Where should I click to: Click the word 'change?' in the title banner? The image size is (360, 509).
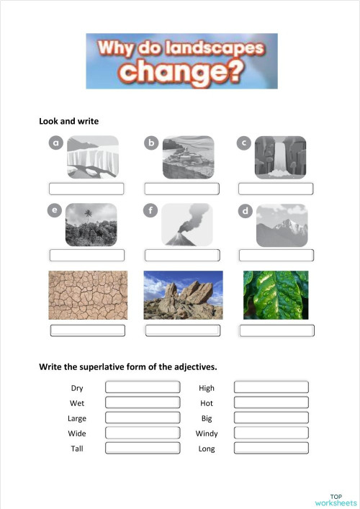[181, 71]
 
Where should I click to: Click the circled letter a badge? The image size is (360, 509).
[56, 143]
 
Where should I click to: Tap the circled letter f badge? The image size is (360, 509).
[150, 211]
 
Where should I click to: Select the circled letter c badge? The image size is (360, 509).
[244, 143]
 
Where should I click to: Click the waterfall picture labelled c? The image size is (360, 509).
[280, 158]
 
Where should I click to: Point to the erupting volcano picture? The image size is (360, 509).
[187, 225]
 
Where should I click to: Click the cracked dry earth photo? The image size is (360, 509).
[87, 295]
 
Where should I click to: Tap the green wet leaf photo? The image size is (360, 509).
[276, 295]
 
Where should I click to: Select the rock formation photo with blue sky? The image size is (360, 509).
[183, 295]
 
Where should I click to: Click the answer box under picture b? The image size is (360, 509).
[181, 189]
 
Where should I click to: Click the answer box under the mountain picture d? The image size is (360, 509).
[276, 255]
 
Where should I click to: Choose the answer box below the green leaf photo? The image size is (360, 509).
[276, 330]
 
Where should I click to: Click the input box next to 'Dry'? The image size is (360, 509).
[143, 387]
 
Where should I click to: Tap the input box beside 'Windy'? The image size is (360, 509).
[271, 433]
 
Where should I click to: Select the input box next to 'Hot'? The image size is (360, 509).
[271, 402]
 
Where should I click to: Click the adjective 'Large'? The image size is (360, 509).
[77, 418]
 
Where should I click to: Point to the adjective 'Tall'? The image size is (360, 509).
[77, 449]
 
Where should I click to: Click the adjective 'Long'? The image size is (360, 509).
[207, 449]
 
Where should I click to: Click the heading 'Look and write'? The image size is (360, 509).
[68, 121]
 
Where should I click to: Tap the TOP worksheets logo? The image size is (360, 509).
[336, 500]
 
